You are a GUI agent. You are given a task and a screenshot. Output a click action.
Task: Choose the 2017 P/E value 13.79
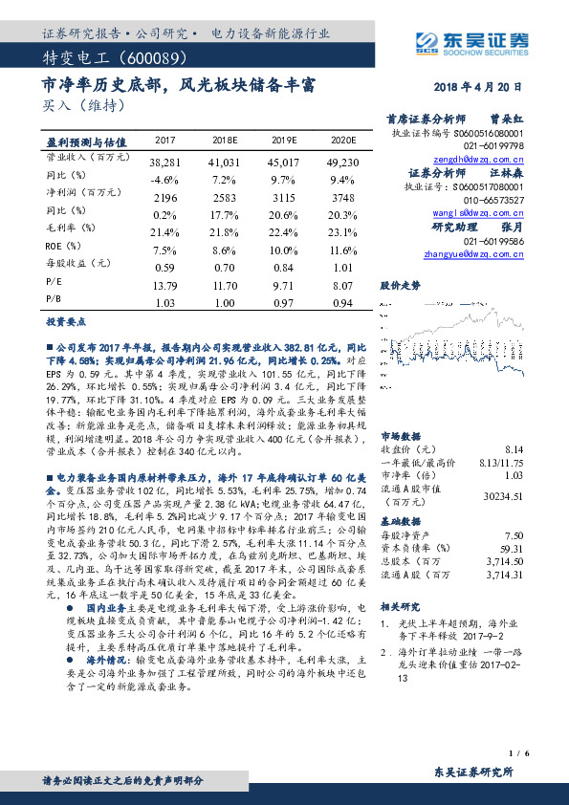[x=165, y=286]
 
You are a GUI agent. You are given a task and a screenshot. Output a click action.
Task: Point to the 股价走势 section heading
[x=400, y=285]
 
